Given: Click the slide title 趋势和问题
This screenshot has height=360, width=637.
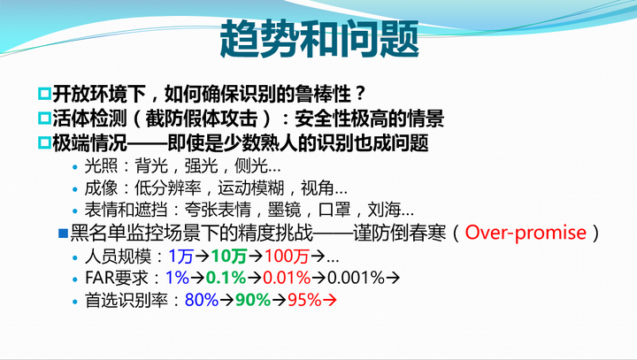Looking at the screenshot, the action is tap(318, 39).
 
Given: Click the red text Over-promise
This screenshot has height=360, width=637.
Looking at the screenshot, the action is tap(526, 233).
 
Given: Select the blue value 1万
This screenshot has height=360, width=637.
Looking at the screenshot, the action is tap(180, 257).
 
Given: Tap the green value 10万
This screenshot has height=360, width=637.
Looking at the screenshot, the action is tap(229, 257).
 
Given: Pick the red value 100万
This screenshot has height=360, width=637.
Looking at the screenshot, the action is tap(287, 257).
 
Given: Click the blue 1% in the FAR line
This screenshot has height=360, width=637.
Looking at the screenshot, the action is tap(177, 278).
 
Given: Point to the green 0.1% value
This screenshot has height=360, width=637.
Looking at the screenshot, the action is tap(226, 278).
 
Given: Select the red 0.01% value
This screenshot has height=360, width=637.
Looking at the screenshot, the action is tap(287, 278).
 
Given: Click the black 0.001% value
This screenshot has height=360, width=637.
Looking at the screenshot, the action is tap(356, 278).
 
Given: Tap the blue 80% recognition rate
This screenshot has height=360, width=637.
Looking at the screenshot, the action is tap(202, 300).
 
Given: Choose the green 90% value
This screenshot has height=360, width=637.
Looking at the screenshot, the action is tap(253, 300).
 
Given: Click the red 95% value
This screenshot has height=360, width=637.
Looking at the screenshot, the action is tap(304, 300).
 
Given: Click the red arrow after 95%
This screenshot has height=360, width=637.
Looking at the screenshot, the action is tap(329, 301).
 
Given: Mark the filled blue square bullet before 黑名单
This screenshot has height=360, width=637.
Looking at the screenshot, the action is tap(63, 234).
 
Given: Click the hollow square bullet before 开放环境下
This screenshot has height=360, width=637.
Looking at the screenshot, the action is tap(44, 94).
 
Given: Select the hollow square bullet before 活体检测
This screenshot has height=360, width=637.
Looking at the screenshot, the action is tap(44, 119).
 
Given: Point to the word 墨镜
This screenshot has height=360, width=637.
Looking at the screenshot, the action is tap(284, 210).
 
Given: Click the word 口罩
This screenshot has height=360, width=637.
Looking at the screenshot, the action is tap(334, 210).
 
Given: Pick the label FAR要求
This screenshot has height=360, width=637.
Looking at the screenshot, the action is tap(116, 279).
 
